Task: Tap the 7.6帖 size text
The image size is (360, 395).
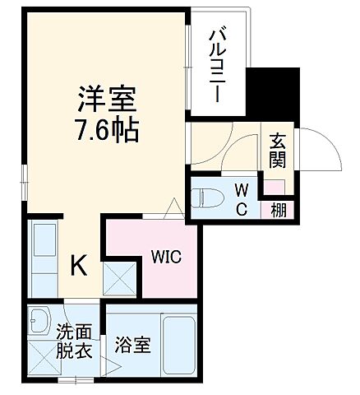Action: tap(105, 131)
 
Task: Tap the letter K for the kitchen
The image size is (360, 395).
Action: tap(78, 265)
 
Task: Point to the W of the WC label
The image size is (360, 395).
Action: tap(242, 191)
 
